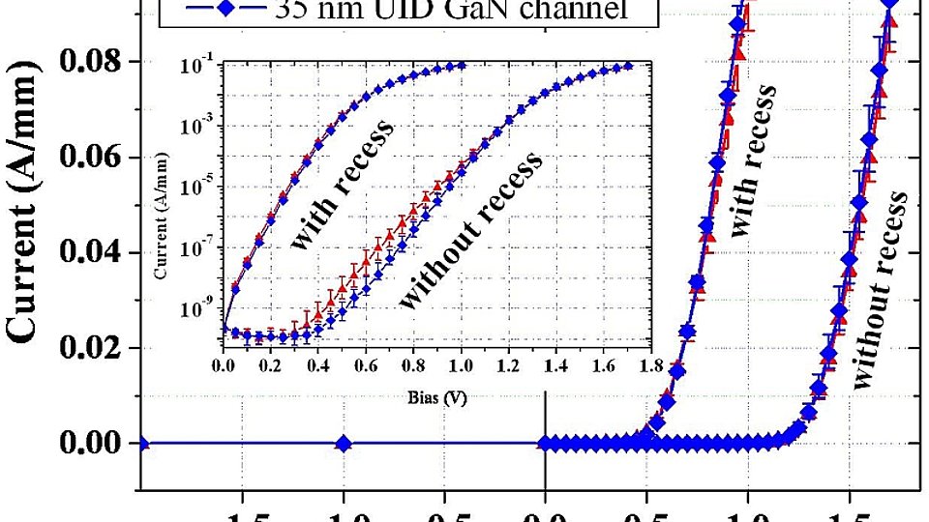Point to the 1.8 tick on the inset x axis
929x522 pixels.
650,366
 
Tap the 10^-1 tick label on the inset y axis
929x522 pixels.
195,66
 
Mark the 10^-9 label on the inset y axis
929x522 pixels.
195,308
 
